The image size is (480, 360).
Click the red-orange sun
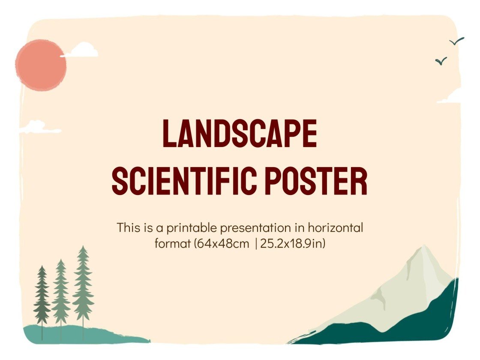point(41,65)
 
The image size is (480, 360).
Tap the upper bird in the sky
point(457,42)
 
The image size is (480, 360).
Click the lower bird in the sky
point(441,61)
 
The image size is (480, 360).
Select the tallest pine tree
point(83,283)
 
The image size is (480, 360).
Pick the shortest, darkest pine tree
point(42,296)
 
